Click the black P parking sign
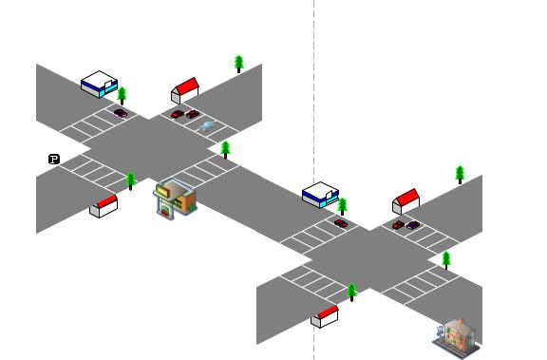[54, 159]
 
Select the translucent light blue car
[207, 125]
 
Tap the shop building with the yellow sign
[175, 199]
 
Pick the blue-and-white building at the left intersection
[99, 84]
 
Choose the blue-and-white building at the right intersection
[320, 194]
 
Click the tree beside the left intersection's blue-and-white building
[122, 95]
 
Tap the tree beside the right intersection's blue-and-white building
[342, 206]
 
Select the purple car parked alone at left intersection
[121, 113]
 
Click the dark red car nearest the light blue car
[193, 115]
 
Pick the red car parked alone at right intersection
[341, 223]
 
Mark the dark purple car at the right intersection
[412, 225]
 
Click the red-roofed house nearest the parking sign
[104, 205]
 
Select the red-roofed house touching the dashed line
[325, 316]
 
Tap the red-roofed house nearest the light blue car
[184, 90]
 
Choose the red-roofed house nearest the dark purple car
[406, 201]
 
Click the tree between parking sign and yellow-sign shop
[131, 180]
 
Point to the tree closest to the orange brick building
[445, 258]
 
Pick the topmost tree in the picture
[239, 64]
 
